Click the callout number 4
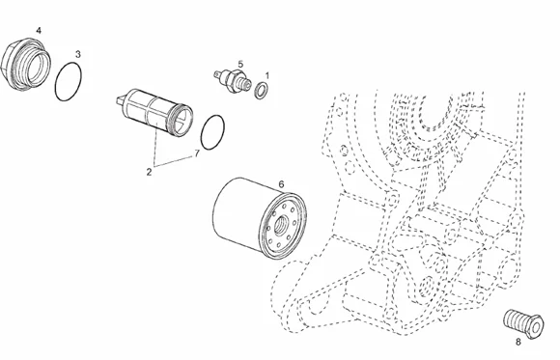coord(39,31)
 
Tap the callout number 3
coord(78,54)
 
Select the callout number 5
coord(240,65)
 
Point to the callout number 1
coord(266,75)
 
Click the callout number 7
coord(197,153)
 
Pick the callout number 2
coord(149,172)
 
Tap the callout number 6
coord(281,184)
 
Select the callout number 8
coord(518,342)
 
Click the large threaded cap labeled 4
coord(26,65)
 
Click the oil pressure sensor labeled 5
coord(233,81)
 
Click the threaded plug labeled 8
coord(523,323)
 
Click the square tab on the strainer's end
coord(121,100)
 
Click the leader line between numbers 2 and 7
coord(174,161)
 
